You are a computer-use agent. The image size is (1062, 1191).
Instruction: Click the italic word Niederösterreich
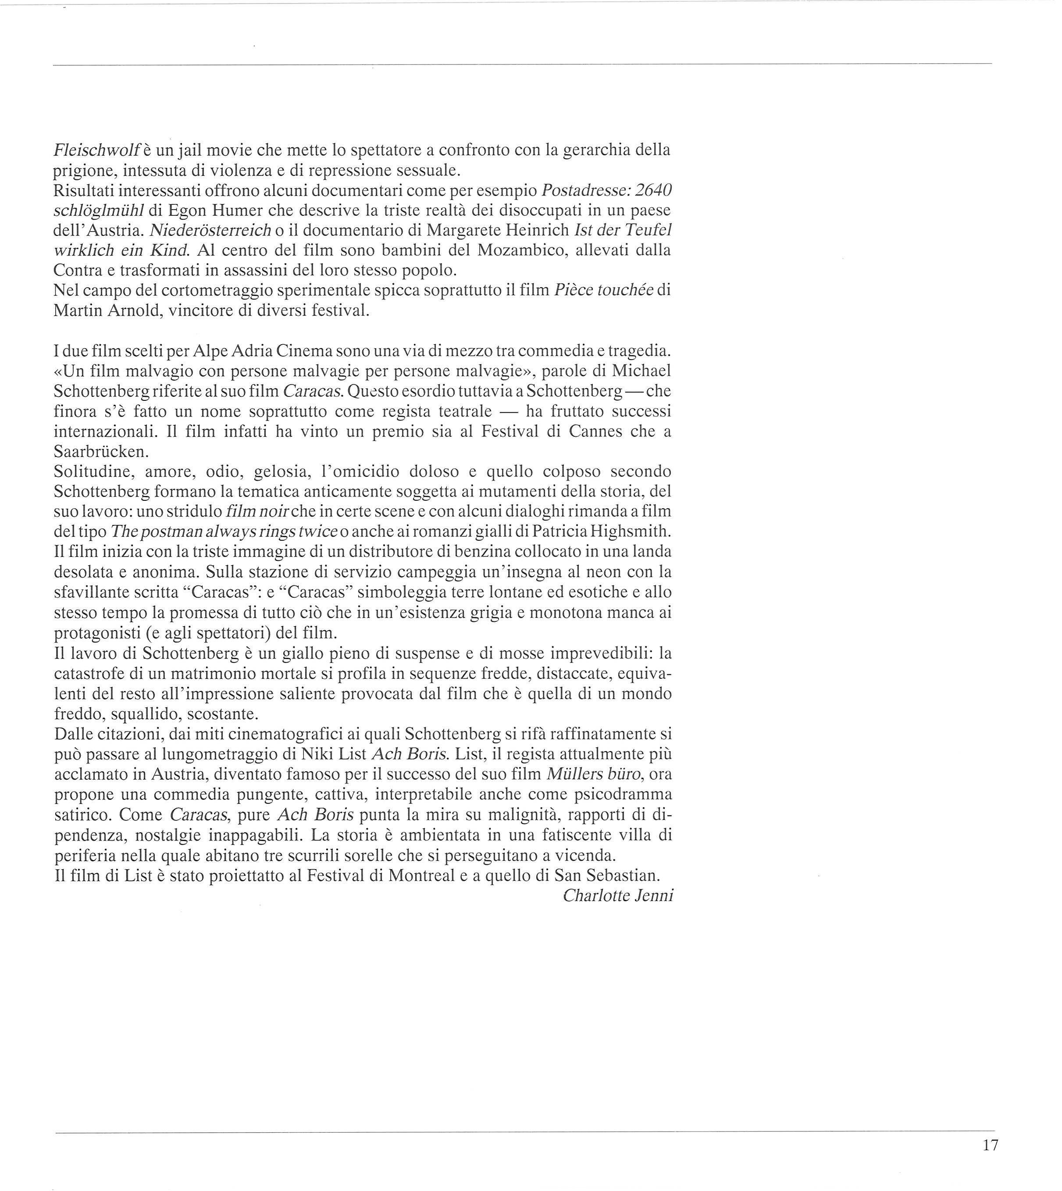pos(210,231)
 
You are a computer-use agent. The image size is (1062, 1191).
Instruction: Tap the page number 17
pos(990,1145)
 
